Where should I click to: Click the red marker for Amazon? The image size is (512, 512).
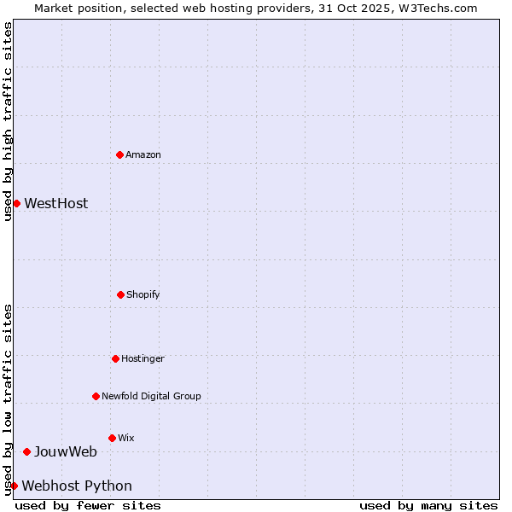point(119,154)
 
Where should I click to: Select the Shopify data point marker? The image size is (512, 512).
point(120,294)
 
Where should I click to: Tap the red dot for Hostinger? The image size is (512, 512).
point(115,358)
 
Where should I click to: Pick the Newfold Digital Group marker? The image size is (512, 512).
point(96,396)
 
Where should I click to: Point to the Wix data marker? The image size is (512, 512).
point(112,438)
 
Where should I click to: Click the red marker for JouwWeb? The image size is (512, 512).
point(26,451)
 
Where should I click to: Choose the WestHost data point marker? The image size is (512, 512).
point(16,203)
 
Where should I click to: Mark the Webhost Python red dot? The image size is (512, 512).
point(14,486)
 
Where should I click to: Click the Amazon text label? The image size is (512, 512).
point(143,154)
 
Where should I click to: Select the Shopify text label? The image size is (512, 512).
point(143,294)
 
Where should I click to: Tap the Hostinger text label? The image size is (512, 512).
point(143,358)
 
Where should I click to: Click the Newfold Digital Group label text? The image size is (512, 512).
point(151,396)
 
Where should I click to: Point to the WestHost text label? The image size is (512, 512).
point(55,203)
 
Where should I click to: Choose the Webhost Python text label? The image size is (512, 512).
point(77,486)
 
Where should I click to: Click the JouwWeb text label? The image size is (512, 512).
point(65,451)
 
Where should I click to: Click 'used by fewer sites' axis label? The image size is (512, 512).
point(88,505)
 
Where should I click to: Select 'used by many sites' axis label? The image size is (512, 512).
point(428,505)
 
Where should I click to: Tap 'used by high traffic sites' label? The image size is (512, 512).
point(8,121)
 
